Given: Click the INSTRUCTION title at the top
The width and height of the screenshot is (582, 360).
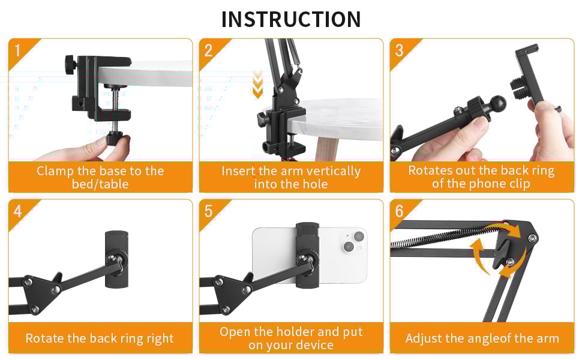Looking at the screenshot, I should click(291, 19).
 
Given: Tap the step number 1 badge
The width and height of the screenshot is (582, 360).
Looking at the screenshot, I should click(18, 50).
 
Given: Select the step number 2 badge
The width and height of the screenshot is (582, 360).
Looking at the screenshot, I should click(208, 50).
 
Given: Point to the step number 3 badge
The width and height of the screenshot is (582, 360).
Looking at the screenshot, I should click(399, 50).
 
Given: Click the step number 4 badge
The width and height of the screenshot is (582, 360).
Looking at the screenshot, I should click(18, 211).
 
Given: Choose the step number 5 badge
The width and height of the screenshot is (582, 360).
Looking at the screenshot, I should click(208, 211).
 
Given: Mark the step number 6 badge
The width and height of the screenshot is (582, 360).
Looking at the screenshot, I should click(399, 211).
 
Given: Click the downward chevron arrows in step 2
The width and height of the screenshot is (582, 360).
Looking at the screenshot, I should click(257, 84).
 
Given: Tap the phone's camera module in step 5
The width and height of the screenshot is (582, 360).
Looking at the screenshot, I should click(351, 240).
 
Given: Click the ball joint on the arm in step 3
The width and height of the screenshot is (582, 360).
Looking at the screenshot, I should click(497, 105).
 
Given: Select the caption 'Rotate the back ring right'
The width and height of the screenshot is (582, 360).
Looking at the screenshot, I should click(100, 338).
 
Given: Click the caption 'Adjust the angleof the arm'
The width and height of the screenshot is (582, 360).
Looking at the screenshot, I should click(482, 338).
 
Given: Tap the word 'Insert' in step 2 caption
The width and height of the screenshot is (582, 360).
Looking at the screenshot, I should click(239, 171).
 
